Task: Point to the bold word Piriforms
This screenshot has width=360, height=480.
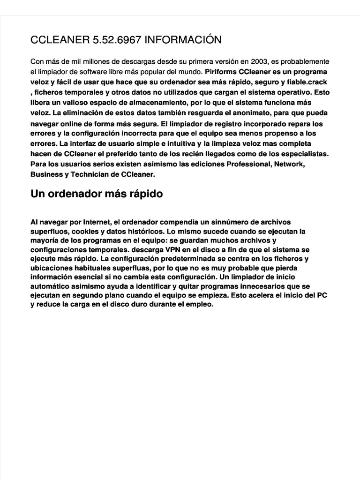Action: coord(220,72)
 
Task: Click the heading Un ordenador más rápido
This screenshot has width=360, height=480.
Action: coord(97,194)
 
